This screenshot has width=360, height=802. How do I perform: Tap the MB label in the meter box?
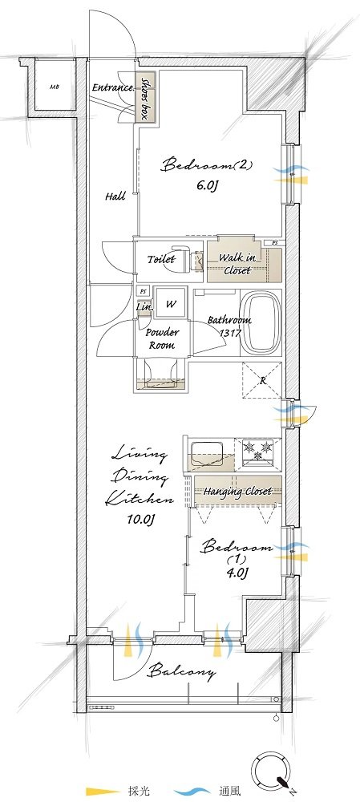pyautogui.click(x=55, y=87)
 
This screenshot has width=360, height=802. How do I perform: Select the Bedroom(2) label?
pyautogui.click(x=207, y=166)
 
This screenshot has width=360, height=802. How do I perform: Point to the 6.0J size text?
pyautogui.click(x=208, y=186)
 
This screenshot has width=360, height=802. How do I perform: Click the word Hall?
pyautogui.click(x=115, y=196)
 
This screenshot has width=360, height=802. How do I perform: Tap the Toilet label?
pyautogui.click(x=161, y=259)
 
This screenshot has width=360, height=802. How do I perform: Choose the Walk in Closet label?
pyautogui.click(x=237, y=263)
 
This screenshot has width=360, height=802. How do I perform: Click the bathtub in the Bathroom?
pyautogui.click(x=264, y=322)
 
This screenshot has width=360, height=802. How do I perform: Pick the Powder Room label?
pyautogui.click(x=162, y=338)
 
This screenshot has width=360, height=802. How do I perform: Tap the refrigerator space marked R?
pyautogui.click(x=261, y=380)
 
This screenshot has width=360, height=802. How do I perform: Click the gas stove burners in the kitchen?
pyautogui.click(x=258, y=450)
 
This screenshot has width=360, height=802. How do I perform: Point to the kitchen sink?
pyautogui.click(x=208, y=452)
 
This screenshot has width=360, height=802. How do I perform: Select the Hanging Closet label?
pyautogui.click(x=237, y=492)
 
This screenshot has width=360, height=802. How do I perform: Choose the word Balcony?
pyautogui.click(x=182, y=670)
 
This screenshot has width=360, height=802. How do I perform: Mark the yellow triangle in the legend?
pyautogui.click(x=103, y=792)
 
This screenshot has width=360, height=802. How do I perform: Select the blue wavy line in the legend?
pyautogui.click(x=200, y=792)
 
